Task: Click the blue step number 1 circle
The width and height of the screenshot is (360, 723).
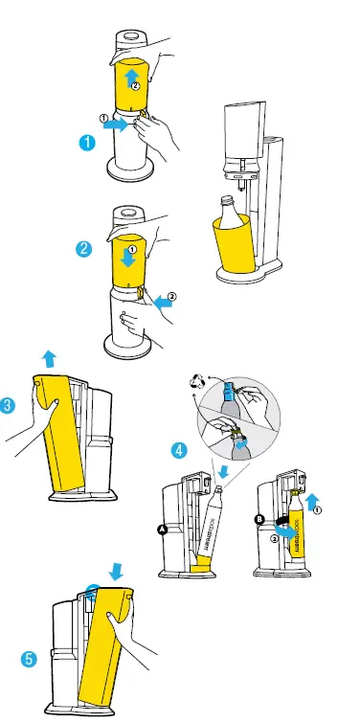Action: (x=85, y=143)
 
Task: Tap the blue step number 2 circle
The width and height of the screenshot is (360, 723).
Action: (x=84, y=248)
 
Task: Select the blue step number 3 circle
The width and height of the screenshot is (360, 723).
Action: (x=8, y=405)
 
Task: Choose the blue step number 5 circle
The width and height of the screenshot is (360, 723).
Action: (x=30, y=659)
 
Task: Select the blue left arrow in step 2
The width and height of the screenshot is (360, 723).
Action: (x=163, y=300)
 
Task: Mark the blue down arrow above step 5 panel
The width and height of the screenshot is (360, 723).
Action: (x=117, y=571)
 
